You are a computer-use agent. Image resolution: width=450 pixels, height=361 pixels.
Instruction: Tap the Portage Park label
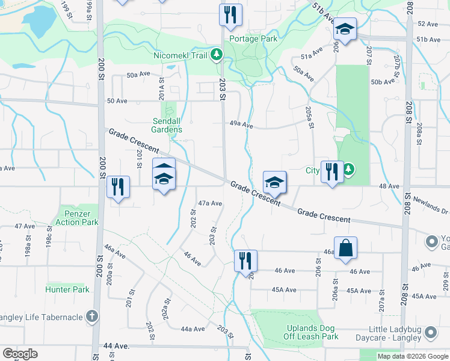coord(252,39)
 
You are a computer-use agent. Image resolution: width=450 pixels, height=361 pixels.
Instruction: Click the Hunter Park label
coord(67,289)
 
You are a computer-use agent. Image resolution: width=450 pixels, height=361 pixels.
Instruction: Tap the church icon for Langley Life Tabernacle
coord(92,316)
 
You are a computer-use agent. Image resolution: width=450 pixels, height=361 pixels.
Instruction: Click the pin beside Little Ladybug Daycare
coord(431,332)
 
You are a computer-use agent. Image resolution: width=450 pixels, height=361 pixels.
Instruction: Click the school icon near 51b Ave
coord(345,29)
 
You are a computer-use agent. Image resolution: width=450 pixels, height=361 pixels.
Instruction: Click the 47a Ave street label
coord(211,203)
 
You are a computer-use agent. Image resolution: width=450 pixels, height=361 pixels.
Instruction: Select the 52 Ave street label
coord(428,23)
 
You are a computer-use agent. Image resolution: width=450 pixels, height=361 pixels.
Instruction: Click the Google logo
coord(20,354)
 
